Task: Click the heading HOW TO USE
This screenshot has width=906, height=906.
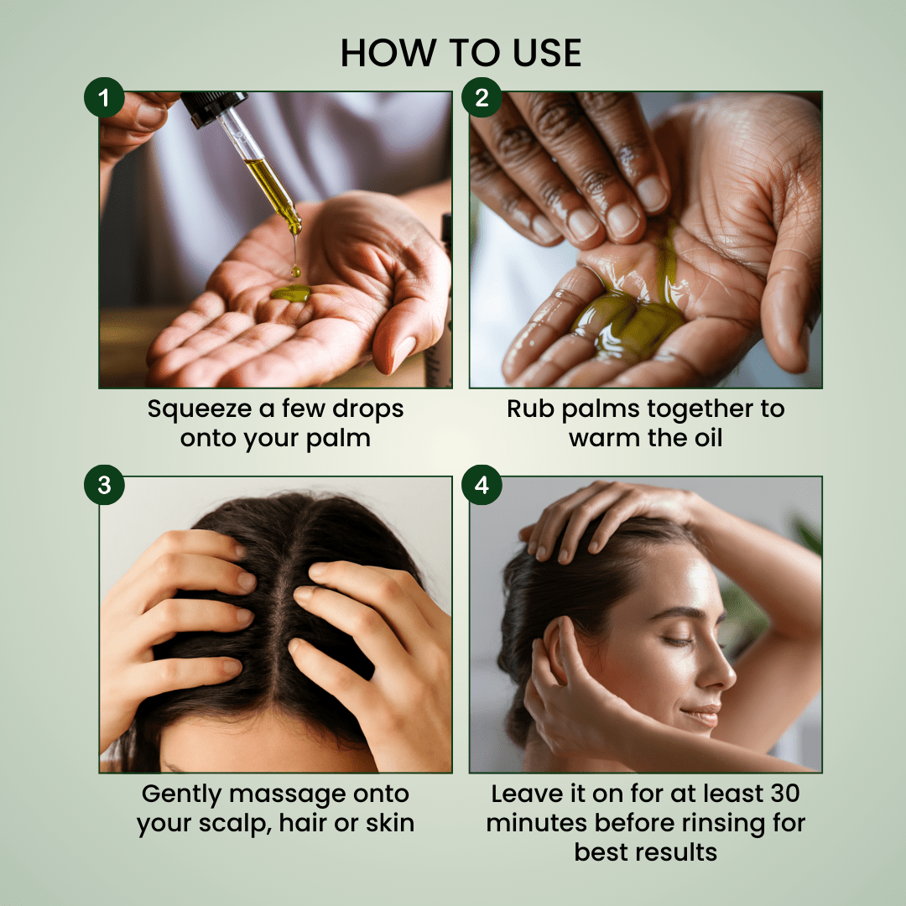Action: (461, 53)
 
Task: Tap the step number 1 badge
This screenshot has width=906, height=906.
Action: (104, 97)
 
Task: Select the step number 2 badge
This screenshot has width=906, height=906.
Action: (482, 97)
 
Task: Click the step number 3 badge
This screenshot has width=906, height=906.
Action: (104, 485)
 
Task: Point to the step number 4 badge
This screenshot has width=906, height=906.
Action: (482, 485)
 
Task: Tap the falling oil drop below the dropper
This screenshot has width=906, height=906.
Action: (296, 270)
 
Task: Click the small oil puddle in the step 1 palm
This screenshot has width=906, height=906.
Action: (290, 294)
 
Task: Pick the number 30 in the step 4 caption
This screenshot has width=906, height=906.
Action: (784, 794)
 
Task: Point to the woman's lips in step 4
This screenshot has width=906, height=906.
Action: (703, 715)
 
